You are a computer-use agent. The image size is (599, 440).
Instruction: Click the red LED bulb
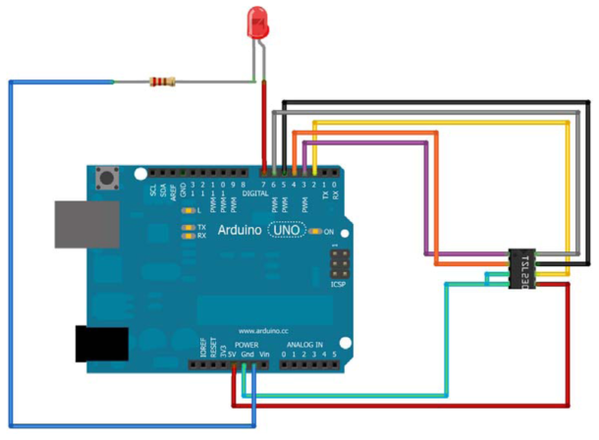tap(258, 24)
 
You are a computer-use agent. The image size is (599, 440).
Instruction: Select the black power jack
tap(102, 343)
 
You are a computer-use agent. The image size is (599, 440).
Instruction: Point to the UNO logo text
tap(285, 231)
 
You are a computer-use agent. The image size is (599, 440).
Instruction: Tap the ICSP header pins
tap(339, 264)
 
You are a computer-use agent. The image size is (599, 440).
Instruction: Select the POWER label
tap(246, 346)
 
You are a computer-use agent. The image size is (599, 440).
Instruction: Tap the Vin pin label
tap(264, 354)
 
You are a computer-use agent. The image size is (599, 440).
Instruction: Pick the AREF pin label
tap(174, 190)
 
